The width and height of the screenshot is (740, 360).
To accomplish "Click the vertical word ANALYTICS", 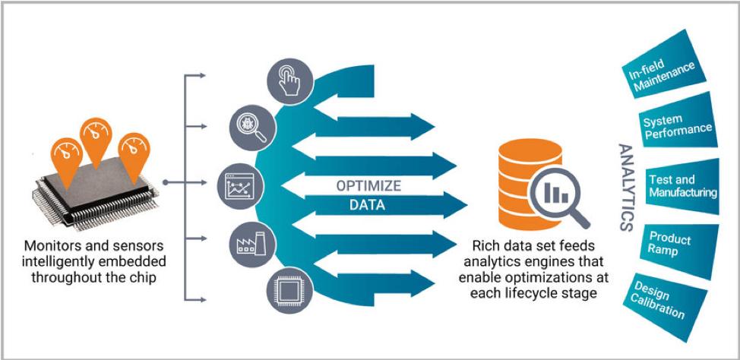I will pos(625,187).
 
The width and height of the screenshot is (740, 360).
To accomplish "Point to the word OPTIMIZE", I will pos(369,186).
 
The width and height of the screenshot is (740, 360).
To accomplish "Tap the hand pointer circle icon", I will pos(288,81).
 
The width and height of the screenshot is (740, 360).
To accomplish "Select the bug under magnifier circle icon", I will pos(251,127).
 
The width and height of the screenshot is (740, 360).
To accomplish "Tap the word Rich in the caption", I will pos(487,247).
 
